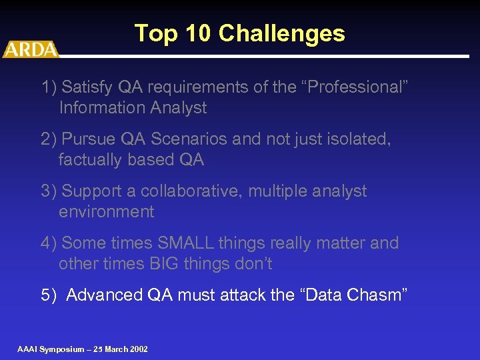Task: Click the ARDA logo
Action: point(31,49)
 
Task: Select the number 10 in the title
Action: point(199,33)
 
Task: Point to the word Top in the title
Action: point(157,33)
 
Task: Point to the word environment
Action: point(106,212)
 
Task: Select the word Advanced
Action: point(105,295)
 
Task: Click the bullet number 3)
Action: point(49,191)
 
